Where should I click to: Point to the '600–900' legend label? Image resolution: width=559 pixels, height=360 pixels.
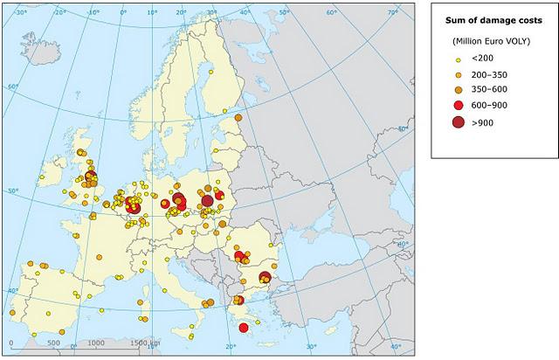(489, 105)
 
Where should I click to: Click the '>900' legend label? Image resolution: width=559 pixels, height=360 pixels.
(482, 122)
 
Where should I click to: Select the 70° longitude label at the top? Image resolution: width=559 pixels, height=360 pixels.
(393, 13)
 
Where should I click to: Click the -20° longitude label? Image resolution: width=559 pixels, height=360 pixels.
(60, 13)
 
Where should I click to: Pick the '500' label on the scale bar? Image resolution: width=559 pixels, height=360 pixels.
(53, 343)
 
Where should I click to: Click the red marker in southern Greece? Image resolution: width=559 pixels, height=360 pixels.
(244, 328)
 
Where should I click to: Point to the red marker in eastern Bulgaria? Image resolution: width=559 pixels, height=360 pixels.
(264, 278)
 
